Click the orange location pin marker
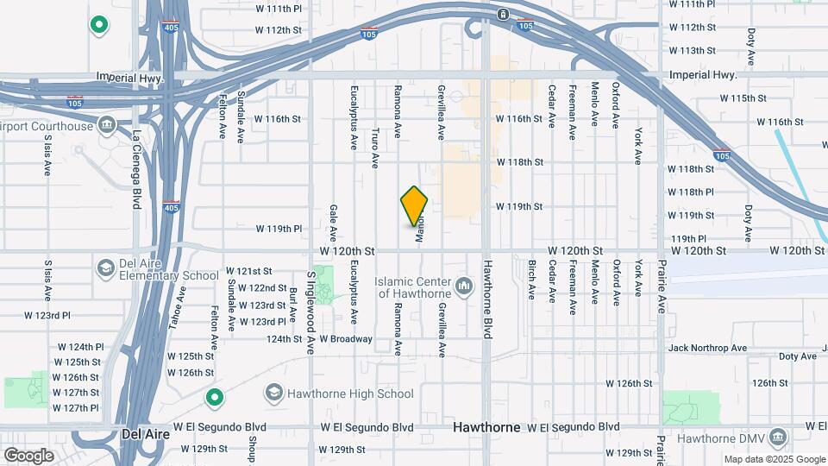click(415, 206)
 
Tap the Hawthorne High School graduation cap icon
click(273, 394)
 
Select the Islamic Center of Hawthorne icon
click(464, 285)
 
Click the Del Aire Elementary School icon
click(106, 268)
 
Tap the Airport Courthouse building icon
click(106, 126)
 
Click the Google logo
click(29, 455)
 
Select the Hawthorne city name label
click(487, 428)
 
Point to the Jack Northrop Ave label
click(707, 348)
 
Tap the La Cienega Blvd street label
click(136, 169)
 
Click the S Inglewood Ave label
click(310, 310)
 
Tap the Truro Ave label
click(375, 148)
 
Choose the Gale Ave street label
click(332, 223)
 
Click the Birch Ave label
click(531, 280)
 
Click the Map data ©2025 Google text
click(773, 460)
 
